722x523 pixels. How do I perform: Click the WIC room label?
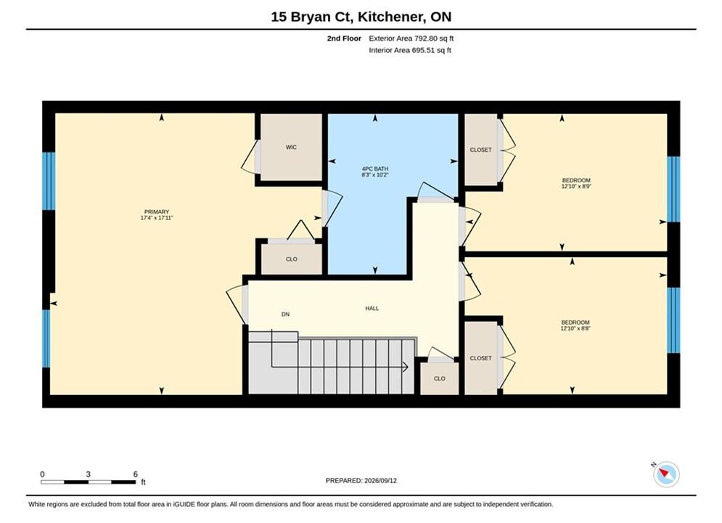click(x=291, y=147)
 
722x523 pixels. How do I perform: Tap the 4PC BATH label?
click(x=375, y=169)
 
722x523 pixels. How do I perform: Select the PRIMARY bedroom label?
click(x=157, y=212)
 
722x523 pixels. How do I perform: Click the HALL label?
click(x=372, y=308)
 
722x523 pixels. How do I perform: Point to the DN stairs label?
click(x=285, y=315)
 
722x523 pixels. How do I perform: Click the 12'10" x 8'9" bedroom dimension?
click(x=576, y=187)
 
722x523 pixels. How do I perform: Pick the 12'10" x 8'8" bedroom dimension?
click(x=575, y=328)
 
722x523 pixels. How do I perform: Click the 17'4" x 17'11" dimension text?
click(x=157, y=218)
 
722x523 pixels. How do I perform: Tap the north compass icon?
click(x=666, y=474)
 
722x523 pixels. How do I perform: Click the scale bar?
click(x=88, y=482)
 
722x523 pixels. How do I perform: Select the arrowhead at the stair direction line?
click(x=405, y=367)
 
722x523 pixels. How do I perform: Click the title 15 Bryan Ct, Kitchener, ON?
click(x=361, y=17)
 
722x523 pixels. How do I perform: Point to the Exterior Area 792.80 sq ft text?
click(x=411, y=38)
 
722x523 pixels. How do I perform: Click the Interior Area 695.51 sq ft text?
click(x=410, y=50)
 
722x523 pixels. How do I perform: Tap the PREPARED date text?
click(x=361, y=481)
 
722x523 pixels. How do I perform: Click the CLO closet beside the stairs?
click(x=439, y=378)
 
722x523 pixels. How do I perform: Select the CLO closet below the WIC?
click(x=292, y=259)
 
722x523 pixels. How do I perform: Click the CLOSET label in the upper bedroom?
click(x=480, y=150)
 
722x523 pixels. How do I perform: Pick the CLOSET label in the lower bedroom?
click(x=480, y=358)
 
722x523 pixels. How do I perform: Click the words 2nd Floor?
click(x=344, y=38)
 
